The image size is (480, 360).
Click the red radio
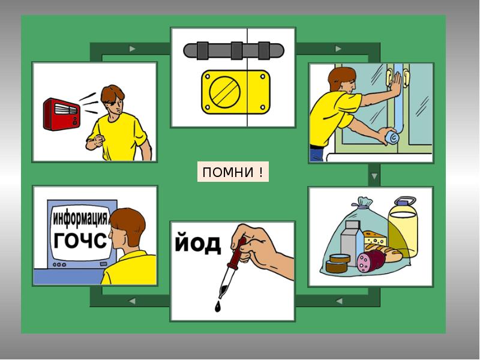pos(62,114)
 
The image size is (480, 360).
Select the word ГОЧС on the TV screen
pos(80,241)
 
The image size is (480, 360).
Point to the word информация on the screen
pos(80,218)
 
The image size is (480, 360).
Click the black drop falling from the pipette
pos(217,307)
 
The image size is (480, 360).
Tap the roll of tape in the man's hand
pos(392,137)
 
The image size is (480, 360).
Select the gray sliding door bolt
pos(233,50)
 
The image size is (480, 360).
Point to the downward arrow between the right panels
pos(374,176)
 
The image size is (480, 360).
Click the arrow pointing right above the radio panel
pos(132,49)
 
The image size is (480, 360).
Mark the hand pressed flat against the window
pos(395,85)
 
